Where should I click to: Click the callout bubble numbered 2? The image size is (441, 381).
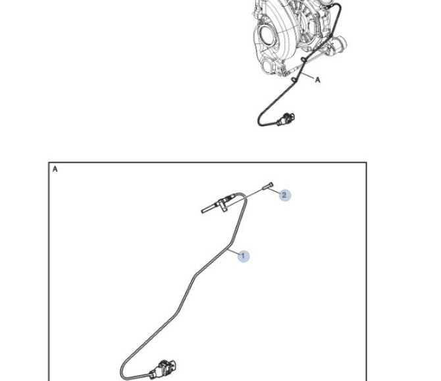pyautogui.click(x=284, y=195)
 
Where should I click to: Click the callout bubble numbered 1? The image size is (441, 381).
pyautogui.click(x=244, y=256)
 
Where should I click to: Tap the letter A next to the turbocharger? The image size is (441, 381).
pyautogui.click(x=317, y=80)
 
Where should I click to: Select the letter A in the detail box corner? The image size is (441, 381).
pyautogui.click(x=55, y=169)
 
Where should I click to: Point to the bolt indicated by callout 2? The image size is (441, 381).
pyautogui.click(x=267, y=186)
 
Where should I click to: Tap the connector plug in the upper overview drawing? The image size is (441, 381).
pyautogui.click(x=286, y=119)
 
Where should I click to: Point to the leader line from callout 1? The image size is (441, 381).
pyautogui.click(x=233, y=251)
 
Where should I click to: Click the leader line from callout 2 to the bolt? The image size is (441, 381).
pyautogui.click(x=273, y=191)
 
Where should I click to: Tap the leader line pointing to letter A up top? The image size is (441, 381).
pyautogui.click(x=307, y=75)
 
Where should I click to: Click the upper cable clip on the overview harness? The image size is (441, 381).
pyautogui.click(x=303, y=59)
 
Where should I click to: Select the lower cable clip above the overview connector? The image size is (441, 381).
pyautogui.click(x=294, y=80)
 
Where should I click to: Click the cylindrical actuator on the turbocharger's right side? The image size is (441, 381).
pyautogui.click(x=340, y=44)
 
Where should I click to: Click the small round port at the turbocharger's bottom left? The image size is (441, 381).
pyautogui.click(x=267, y=67)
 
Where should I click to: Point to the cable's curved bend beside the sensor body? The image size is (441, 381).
pyautogui.click(x=242, y=195)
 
